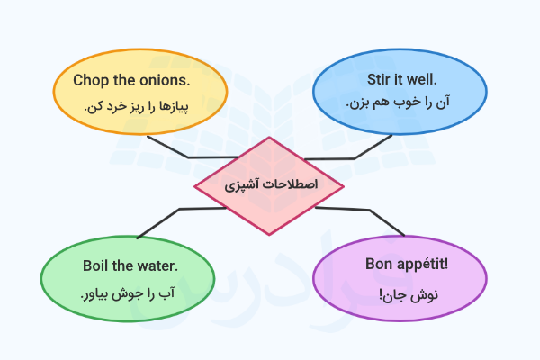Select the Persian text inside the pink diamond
tap(271, 184)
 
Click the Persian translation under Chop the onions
tap(137, 107)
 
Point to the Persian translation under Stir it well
tap(398, 103)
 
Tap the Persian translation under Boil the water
tap(128, 294)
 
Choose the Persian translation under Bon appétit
tap(409, 295)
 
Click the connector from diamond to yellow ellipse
tap(188, 157)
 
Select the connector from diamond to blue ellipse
tap(355, 158)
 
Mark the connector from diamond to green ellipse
tap(180, 209)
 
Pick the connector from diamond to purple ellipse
tap(370, 210)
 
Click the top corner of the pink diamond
tap(269, 137)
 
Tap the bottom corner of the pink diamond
tap(269, 235)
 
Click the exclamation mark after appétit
tap(446, 265)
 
